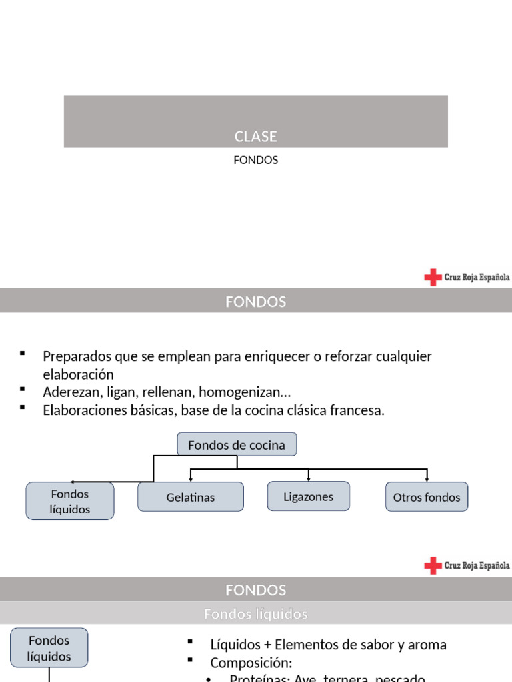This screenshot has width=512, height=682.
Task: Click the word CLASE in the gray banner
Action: coord(255,137)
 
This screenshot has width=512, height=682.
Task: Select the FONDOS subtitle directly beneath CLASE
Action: coord(255,160)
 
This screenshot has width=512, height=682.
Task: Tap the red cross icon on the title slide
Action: coord(433,277)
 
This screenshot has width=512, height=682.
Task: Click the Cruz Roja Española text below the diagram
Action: coord(477,565)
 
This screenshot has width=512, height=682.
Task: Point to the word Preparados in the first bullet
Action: coord(74,356)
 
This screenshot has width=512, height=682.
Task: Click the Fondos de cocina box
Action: coord(237,445)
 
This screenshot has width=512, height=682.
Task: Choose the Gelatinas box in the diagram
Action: coord(191,497)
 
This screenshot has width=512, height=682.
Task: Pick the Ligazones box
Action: coord(308,496)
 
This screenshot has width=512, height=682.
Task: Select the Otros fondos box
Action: coord(427,497)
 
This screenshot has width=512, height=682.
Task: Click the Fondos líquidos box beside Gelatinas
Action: coord(70,502)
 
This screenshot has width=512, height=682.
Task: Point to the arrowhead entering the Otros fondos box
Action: coord(427,479)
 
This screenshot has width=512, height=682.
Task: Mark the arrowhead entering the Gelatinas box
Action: coord(191,479)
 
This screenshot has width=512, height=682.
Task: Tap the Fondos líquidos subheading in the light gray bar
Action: coord(255,614)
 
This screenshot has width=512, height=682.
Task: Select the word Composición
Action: coord(251,663)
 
